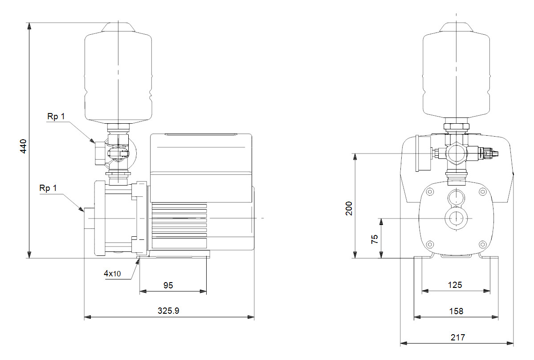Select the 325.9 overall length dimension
[169, 311]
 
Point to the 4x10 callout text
[112, 274]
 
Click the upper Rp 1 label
[56, 116]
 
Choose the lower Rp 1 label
[48, 188]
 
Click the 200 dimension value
[349, 208]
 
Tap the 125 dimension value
[455, 285]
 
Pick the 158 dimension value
[455, 311]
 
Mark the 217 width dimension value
[457, 337]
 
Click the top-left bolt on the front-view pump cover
[430, 192]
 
